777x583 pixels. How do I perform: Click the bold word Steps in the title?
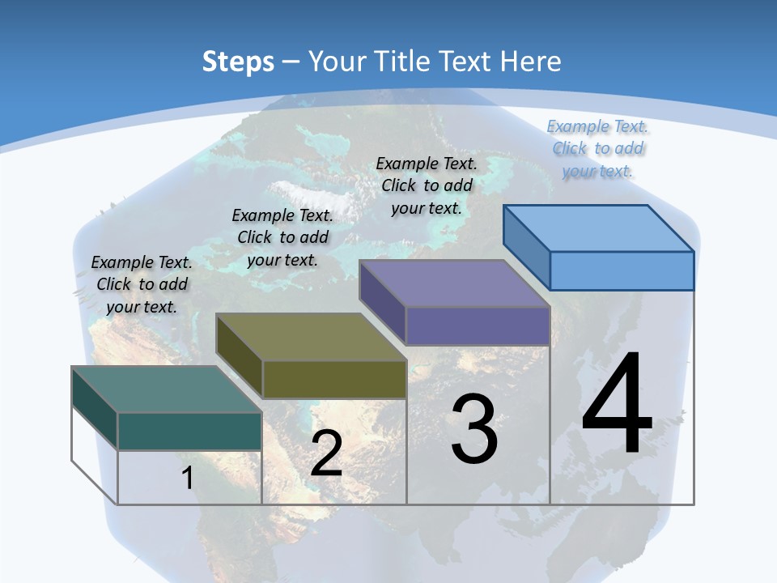[x=238, y=62]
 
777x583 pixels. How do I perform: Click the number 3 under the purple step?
[x=474, y=429]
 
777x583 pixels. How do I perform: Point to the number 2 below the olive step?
[x=326, y=453]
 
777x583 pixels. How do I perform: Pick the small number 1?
[x=187, y=478]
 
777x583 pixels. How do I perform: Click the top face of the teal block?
[x=167, y=389]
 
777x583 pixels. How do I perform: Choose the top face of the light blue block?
[x=599, y=228]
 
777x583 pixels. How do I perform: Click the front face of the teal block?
[x=189, y=431]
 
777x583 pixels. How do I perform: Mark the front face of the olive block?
[x=334, y=379]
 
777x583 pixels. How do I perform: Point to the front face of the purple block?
[x=478, y=326]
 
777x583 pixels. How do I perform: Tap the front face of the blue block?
[x=622, y=270]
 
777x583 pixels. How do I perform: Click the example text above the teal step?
[x=142, y=284]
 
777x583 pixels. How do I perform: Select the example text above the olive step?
[x=282, y=237]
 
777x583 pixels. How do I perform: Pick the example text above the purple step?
[x=427, y=185]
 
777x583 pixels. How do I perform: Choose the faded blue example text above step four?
[x=597, y=148]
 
